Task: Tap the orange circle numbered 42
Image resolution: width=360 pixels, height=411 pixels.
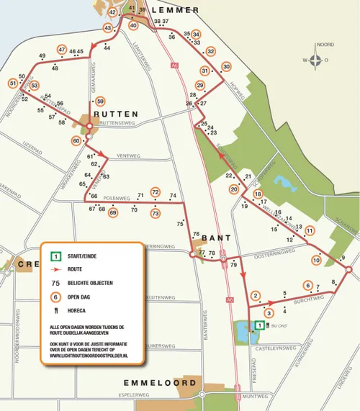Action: [x=113, y=12]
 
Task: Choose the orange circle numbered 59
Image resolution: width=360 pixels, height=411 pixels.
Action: [x=101, y=101]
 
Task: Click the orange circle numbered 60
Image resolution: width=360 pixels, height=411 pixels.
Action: [x=77, y=141]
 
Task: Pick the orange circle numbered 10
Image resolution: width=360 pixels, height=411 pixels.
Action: [x=316, y=260]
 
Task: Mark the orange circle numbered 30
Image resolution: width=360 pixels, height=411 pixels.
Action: [x=225, y=66]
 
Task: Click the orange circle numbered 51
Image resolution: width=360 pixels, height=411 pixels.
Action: [x=13, y=83]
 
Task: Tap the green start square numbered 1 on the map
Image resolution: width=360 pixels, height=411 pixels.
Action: [x=259, y=325]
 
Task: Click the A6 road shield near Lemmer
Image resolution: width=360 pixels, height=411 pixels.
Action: [x=175, y=66]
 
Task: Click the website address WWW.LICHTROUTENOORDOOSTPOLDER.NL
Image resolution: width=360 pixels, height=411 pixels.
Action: [x=89, y=356]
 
